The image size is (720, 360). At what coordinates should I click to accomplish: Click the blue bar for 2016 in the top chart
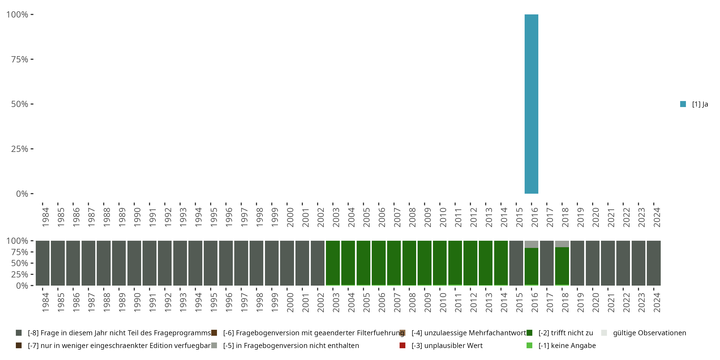(531, 104)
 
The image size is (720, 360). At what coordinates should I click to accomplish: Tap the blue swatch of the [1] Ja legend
(683, 104)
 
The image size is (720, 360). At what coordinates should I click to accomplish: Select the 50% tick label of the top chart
(20, 104)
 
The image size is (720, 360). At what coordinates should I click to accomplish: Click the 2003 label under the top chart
(336, 217)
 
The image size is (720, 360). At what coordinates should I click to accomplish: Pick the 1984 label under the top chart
(45, 217)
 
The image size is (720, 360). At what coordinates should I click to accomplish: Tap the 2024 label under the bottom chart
(657, 302)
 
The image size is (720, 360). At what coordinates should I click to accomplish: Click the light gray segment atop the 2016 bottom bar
(531, 244)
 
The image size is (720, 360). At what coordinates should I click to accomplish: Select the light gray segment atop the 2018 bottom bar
(562, 244)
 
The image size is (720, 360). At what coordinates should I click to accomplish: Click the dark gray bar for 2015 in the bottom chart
(516, 263)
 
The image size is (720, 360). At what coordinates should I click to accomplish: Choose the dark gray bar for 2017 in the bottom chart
(546, 263)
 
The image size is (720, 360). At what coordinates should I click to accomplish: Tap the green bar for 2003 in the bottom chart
(333, 263)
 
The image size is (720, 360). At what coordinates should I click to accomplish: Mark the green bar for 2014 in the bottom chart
(501, 263)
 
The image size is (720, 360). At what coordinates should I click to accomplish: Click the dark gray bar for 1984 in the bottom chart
(42, 263)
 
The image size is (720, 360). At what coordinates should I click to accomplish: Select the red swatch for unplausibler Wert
(402, 345)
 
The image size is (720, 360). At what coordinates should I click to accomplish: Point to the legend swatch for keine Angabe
(529, 345)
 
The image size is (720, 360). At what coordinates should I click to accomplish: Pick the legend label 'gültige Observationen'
(649, 333)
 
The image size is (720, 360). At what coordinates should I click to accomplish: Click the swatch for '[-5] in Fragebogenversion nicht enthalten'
(214, 345)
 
